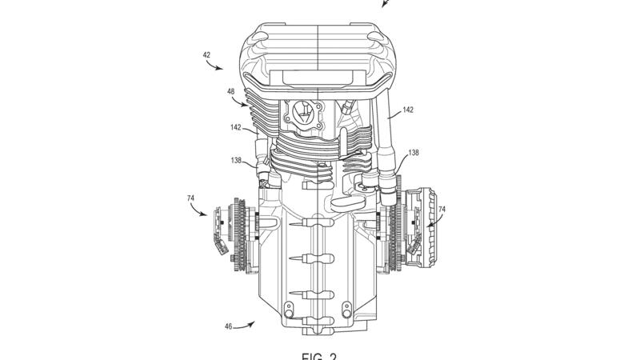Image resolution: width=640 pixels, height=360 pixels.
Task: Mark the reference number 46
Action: (229, 327)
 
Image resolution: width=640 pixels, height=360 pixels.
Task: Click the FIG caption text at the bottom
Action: (319, 354)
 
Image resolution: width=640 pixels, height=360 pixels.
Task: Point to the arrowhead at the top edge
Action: (385, 4)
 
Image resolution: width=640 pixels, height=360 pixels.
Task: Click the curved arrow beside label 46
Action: (249, 323)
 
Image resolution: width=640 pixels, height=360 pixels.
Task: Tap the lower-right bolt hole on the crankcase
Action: (346, 308)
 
